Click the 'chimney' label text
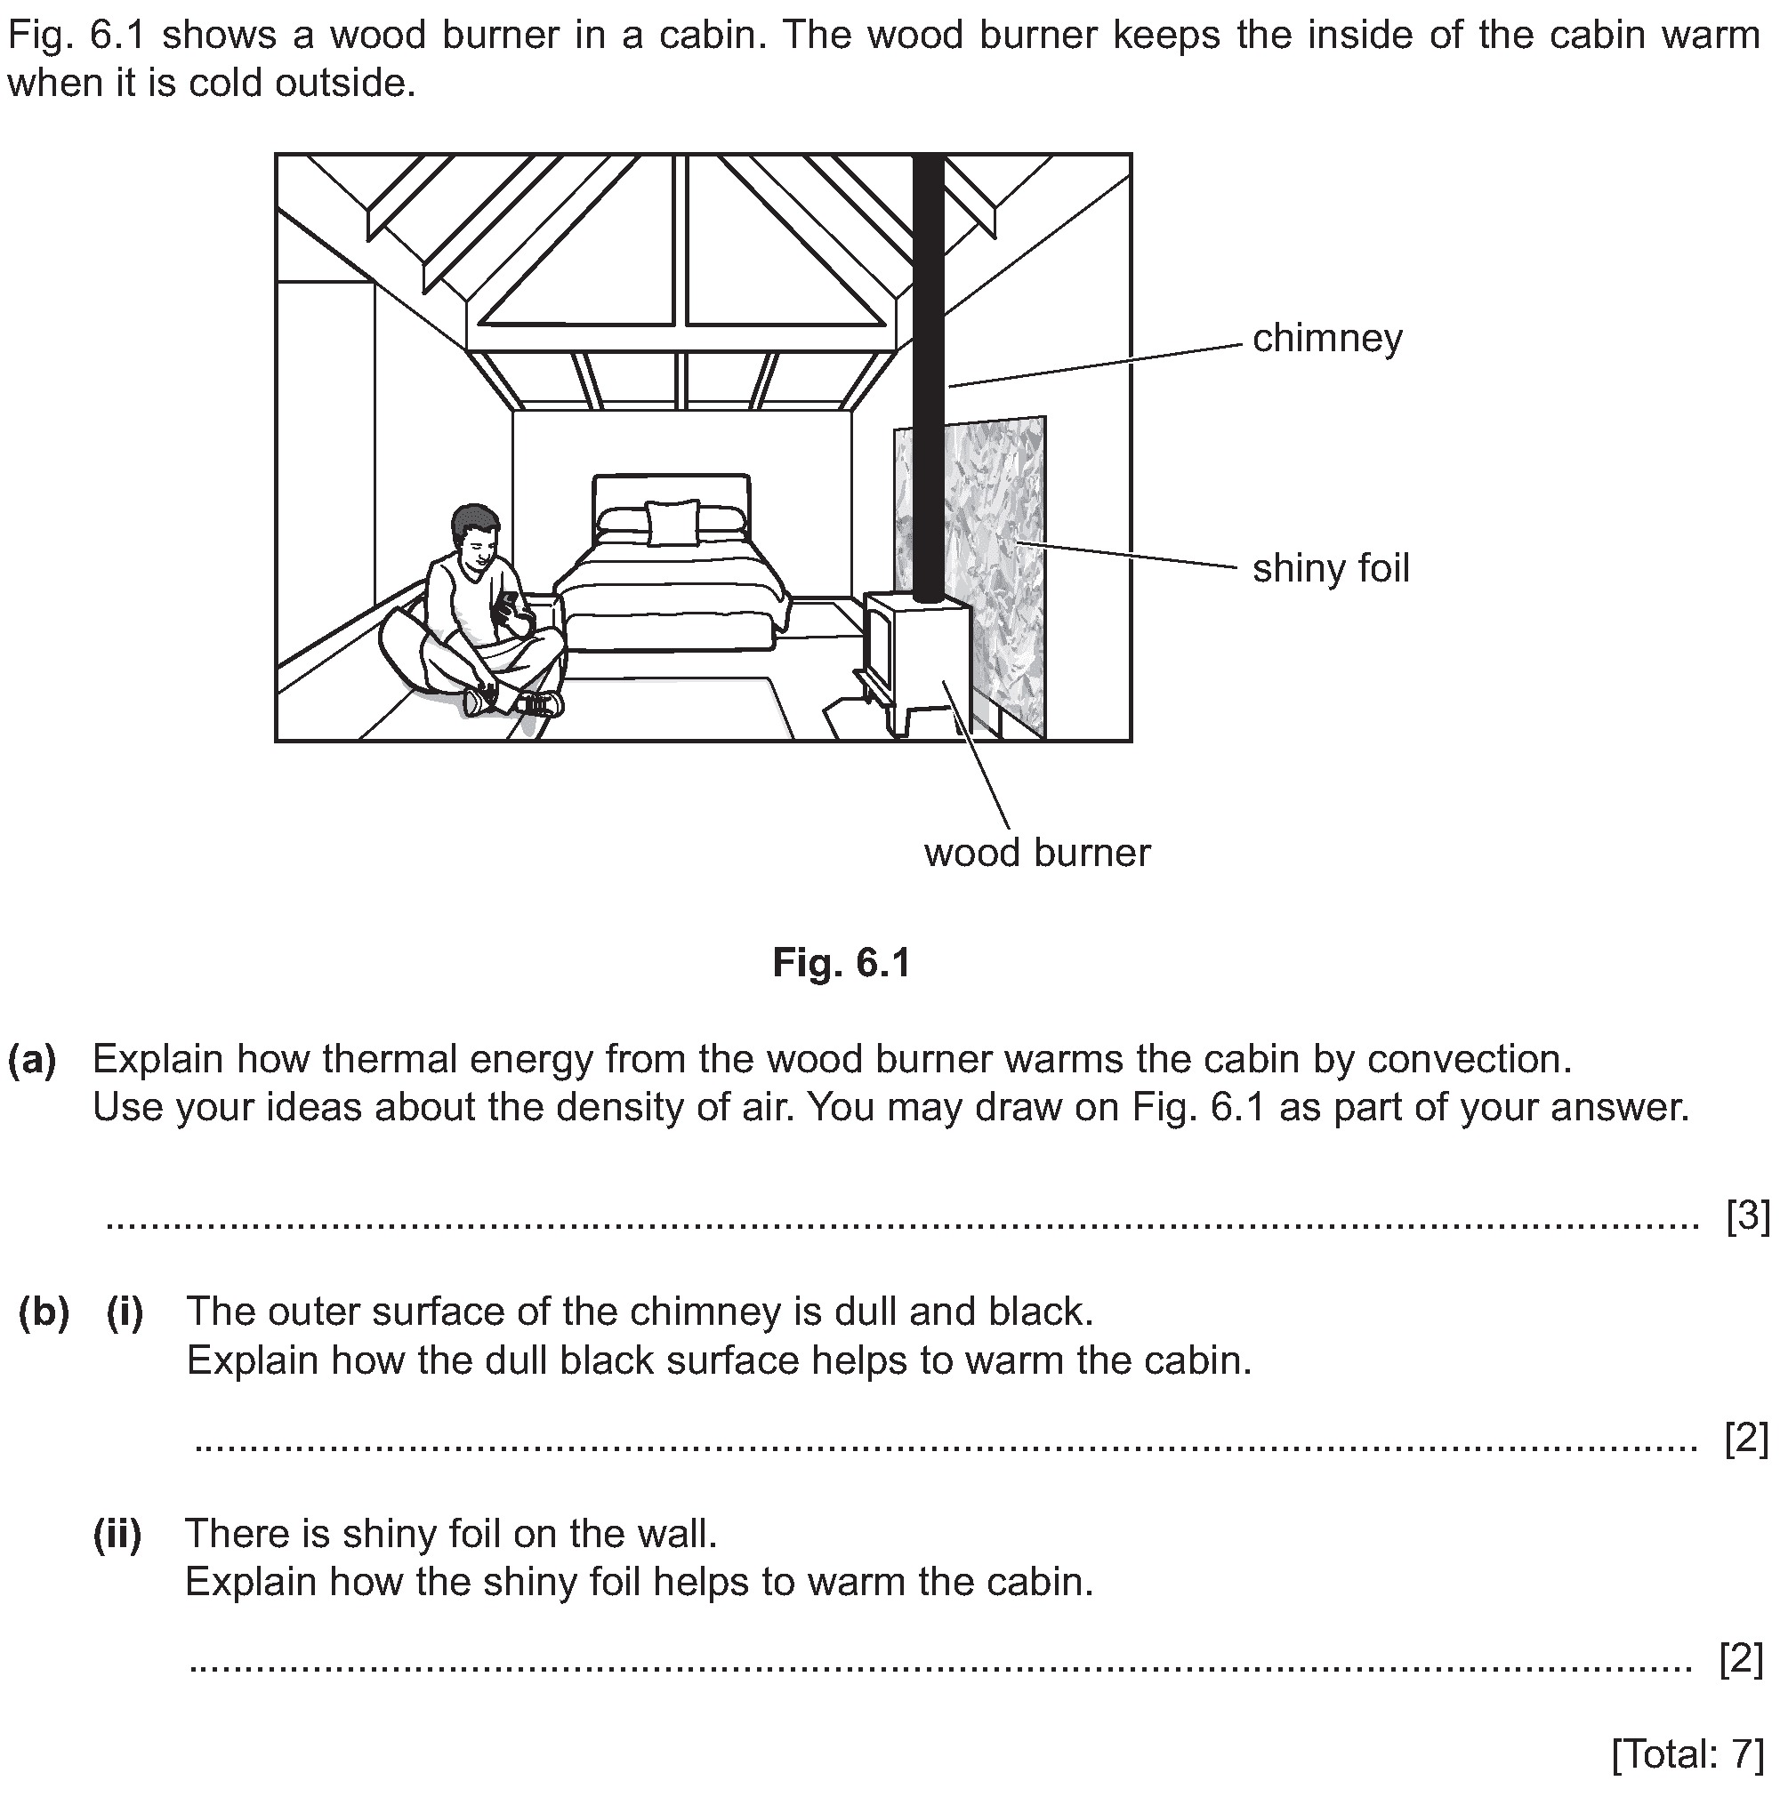click(x=1327, y=339)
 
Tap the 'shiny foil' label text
click(x=1331, y=568)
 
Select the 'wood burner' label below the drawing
click(x=1036, y=853)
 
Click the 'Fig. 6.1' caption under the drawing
click(x=842, y=964)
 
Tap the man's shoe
click(x=540, y=703)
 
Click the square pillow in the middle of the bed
click(x=672, y=523)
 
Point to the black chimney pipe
click(x=929, y=372)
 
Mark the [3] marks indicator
click(x=1747, y=1215)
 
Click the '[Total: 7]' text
click(x=1687, y=1754)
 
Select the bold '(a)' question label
click(x=33, y=1059)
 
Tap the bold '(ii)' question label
click(x=117, y=1534)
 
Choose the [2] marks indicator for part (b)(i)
click(x=1746, y=1438)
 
